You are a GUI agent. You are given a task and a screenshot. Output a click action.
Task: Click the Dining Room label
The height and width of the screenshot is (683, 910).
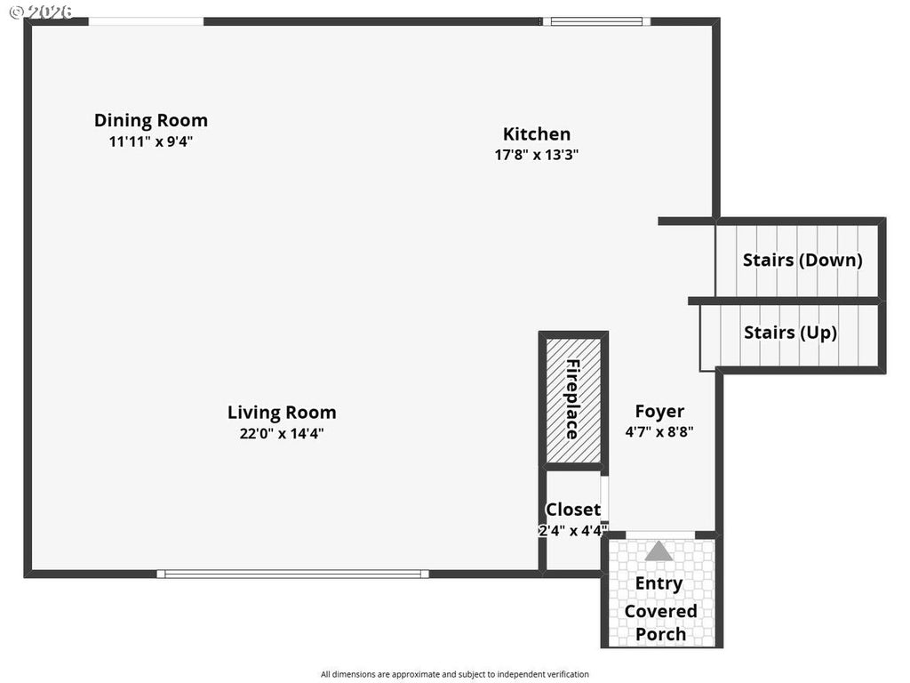click(151, 120)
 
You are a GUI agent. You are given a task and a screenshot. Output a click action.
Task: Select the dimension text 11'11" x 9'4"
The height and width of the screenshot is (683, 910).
click(151, 141)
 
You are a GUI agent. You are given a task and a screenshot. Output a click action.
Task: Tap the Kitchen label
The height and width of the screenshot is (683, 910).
click(537, 134)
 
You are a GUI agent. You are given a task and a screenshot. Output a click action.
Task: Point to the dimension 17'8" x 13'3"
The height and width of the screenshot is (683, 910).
click(537, 155)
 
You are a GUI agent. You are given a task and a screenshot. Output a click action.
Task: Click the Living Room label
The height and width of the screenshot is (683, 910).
click(282, 413)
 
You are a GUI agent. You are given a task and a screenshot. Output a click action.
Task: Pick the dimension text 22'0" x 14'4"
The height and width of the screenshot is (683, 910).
click(282, 433)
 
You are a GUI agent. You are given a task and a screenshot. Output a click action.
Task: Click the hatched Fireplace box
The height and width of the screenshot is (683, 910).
click(573, 401)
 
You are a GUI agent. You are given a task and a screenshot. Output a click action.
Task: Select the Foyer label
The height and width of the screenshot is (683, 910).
click(660, 411)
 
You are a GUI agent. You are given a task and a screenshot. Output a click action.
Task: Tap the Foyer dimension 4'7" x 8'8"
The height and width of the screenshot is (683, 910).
click(660, 431)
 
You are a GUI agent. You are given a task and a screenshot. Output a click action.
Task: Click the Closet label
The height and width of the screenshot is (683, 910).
click(573, 510)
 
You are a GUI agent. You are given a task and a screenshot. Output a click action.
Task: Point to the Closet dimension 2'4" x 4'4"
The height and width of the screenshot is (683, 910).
click(573, 530)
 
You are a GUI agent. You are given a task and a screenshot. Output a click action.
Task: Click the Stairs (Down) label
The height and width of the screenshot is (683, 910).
click(802, 260)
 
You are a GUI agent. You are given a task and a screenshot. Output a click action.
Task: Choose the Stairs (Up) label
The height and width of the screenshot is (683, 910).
click(790, 333)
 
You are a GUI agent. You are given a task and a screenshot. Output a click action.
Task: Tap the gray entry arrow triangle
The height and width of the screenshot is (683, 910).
click(659, 551)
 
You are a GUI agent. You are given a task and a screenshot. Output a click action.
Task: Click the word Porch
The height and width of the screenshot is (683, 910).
click(660, 634)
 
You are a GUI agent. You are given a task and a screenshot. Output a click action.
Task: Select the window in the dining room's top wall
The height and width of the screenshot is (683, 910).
click(147, 21)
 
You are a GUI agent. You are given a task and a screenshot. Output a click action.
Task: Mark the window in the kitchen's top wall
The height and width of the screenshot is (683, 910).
click(596, 21)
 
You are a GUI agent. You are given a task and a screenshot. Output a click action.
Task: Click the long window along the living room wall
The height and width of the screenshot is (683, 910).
click(293, 574)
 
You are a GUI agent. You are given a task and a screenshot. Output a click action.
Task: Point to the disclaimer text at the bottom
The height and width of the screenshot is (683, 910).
click(455, 674)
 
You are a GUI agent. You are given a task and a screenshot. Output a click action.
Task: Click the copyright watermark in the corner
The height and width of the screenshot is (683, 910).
click(42, 11)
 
